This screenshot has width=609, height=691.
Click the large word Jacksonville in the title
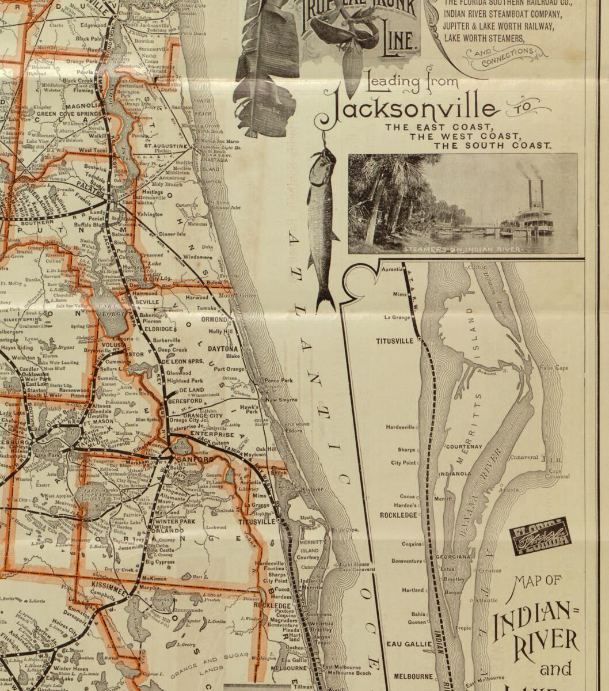(410, 109)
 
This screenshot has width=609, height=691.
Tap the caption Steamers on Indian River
(463, 249)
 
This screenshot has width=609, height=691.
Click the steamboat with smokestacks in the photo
(532, 216)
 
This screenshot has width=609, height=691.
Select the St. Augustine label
(166, 146)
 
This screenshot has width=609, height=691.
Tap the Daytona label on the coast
(223, 349)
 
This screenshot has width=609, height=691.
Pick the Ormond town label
(214, 319)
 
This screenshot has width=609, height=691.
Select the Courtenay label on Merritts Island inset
(465, 446)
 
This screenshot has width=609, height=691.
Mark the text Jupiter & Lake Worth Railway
(498, 26)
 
